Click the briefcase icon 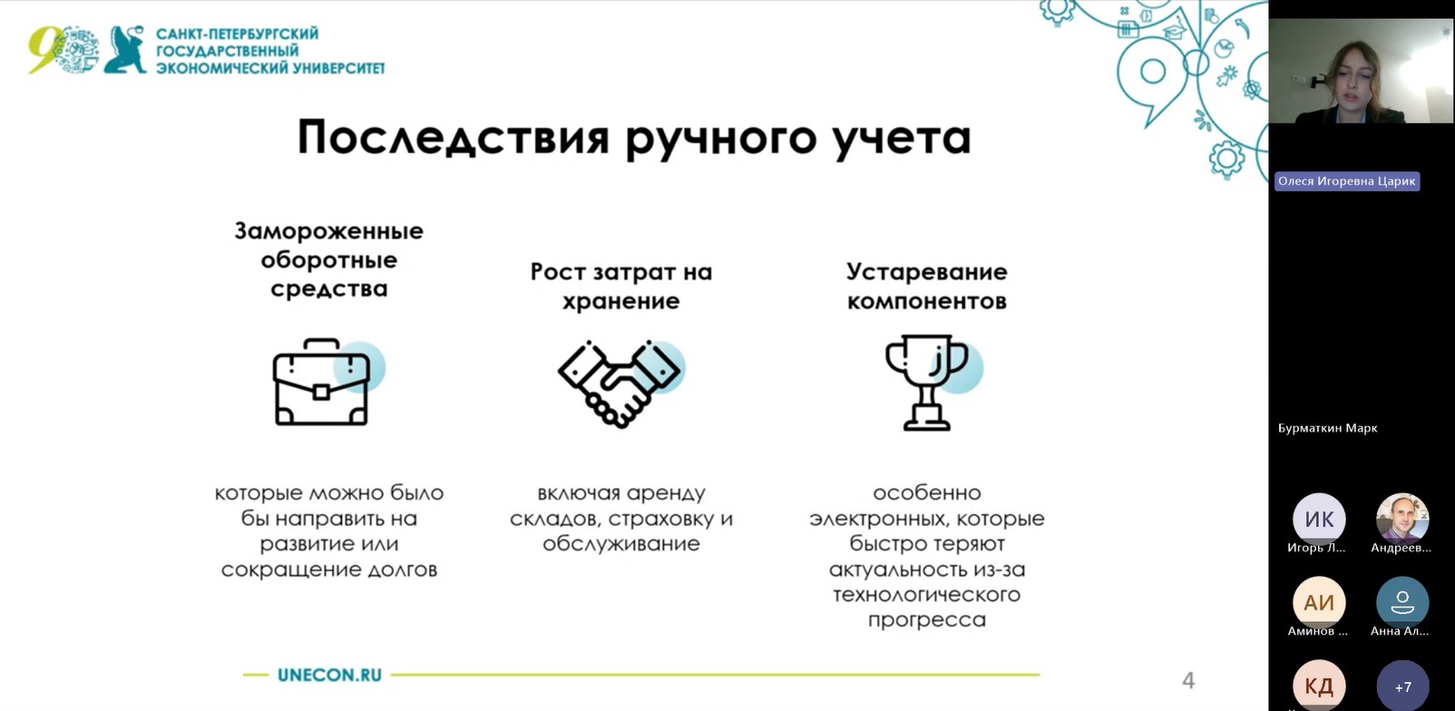click(321, 382)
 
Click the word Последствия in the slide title click(454, 138)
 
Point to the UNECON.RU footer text click(329, 676)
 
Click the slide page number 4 click(1188, 680)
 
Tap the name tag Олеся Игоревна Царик click(1346, 181)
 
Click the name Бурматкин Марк click(1327, 428)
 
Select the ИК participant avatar click(1319, 519)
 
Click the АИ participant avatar click(1319, 602)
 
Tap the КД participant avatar click(1319, 685)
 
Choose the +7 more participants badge click(1402, 687)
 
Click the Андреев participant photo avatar click(1402, 519)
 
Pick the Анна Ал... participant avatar click(1402, 602)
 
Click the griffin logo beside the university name click(125, 49)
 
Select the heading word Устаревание click(926, 272)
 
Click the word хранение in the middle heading click(621, 301)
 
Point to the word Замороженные click(328, 231)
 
